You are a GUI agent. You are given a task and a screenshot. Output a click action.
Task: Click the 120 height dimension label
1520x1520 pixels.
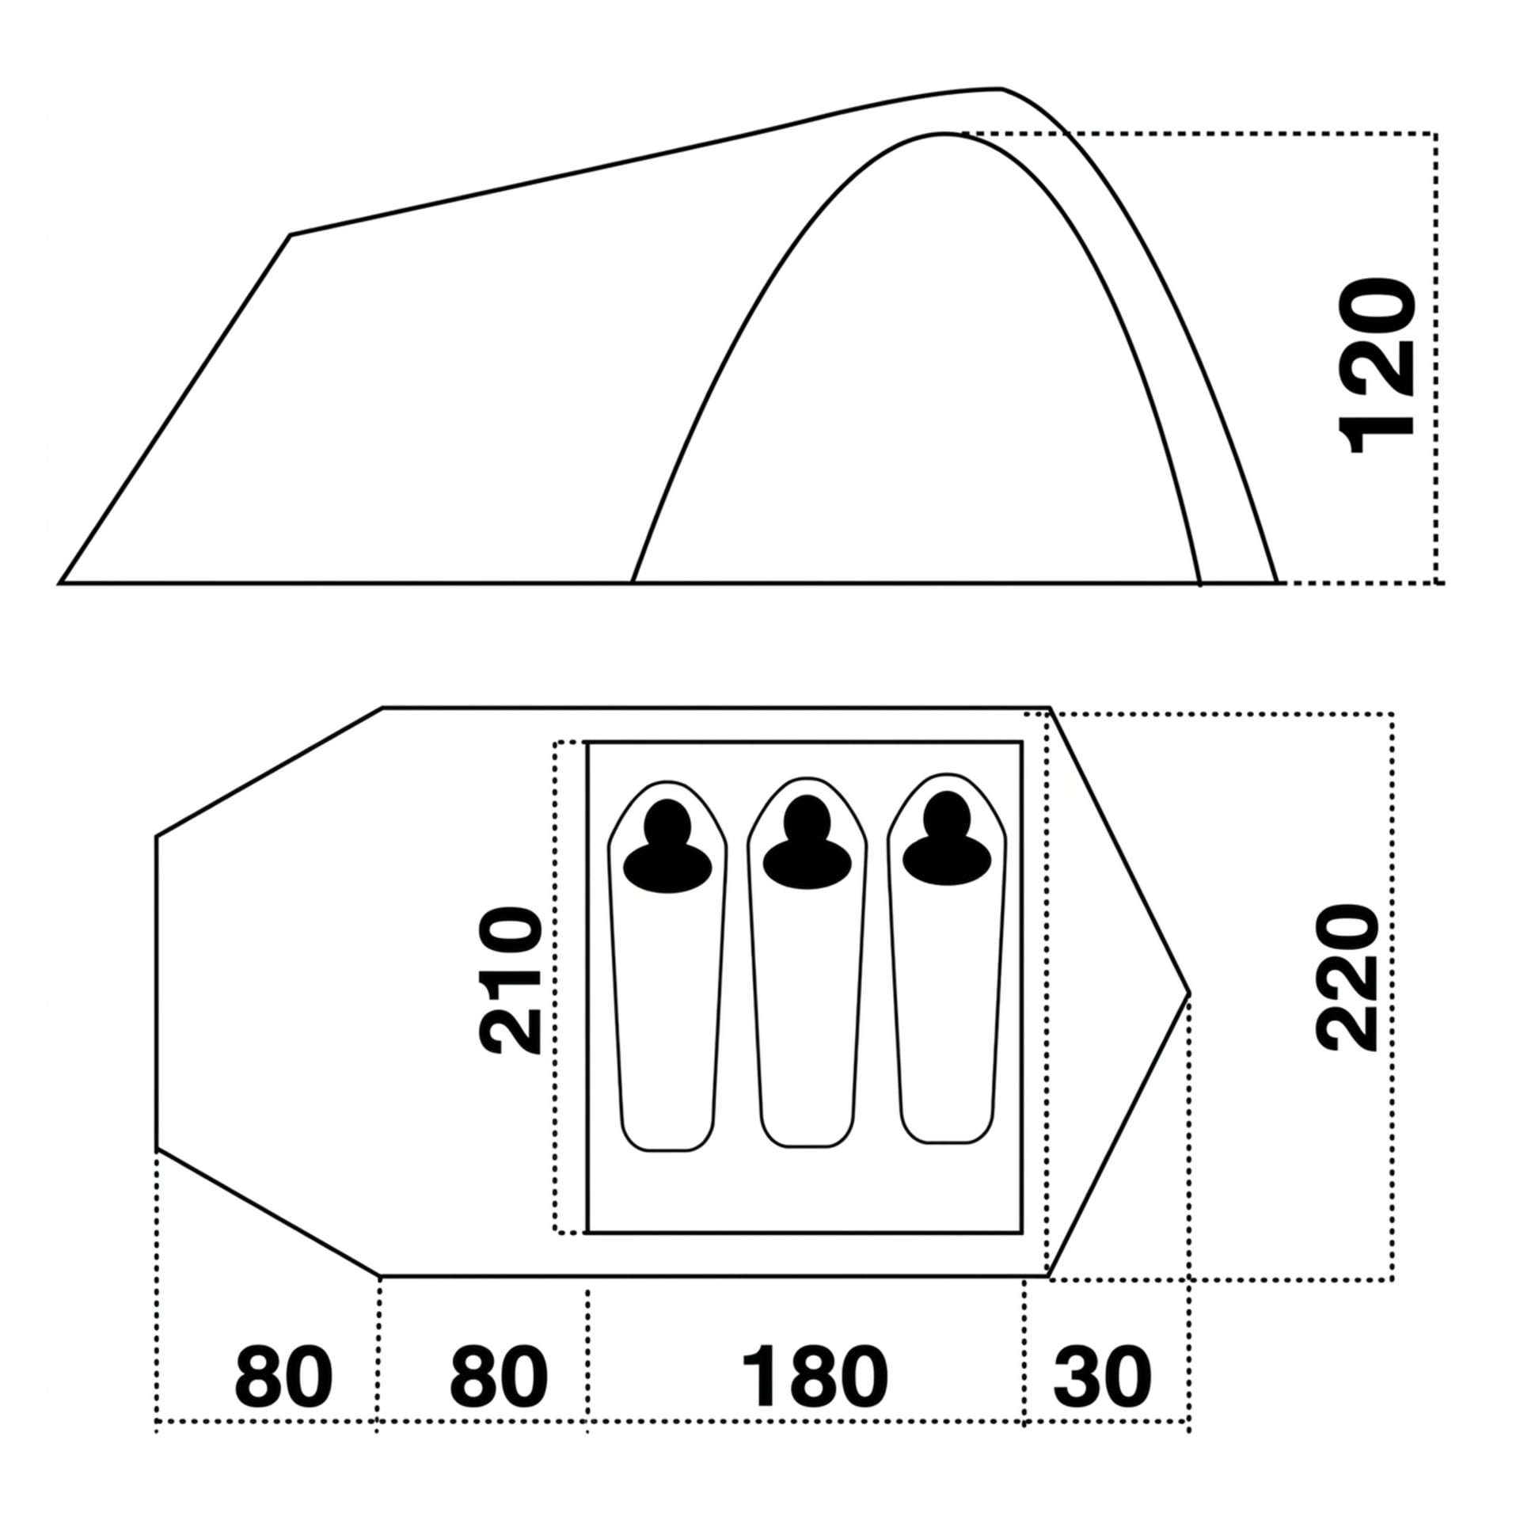(x=1376, y=365)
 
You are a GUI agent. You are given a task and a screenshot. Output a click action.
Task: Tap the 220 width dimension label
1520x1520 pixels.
(x=1347, y=978)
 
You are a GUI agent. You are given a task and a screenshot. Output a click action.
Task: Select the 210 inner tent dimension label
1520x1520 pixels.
(x=511, y=980)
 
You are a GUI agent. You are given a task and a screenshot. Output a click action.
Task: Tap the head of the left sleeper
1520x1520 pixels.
(x=667, y=823)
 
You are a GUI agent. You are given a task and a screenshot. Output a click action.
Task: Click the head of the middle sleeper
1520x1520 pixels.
(x=807, y=819)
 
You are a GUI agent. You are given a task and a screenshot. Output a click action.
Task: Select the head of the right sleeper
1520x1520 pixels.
(x=946, y=815)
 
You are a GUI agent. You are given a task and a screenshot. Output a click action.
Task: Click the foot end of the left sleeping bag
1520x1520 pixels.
(x=667, y=1149)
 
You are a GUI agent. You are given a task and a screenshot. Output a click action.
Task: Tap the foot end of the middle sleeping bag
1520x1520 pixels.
(x=807, y=1144)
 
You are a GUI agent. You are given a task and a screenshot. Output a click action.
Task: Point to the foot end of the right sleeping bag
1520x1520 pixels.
(x=946, y=1141)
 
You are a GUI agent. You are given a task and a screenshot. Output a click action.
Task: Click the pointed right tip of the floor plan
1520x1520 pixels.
(x=1189, y=993)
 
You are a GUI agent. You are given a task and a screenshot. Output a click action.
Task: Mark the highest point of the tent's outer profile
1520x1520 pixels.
(x=1001, y=89)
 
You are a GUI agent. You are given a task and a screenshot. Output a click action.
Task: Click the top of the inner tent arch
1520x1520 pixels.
(x=944, y=135)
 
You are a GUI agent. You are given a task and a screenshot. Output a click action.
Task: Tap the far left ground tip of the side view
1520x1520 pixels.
(x=60, y=583)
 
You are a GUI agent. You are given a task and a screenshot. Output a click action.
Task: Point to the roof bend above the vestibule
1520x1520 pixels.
(x=291, y=235)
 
